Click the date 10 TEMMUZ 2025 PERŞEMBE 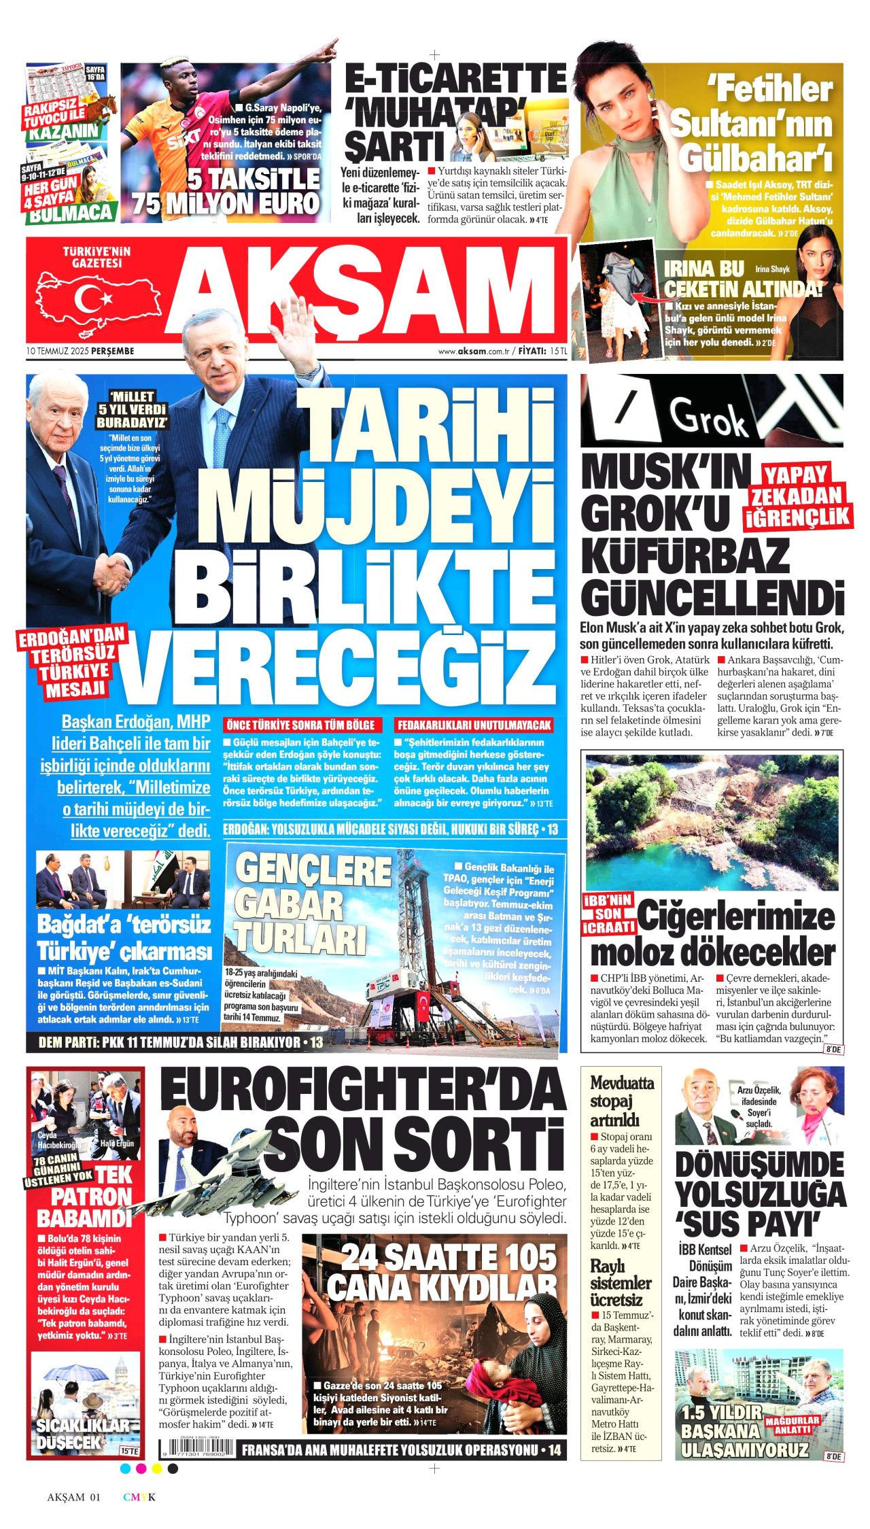click(80, 351)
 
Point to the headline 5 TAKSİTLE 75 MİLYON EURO click(227, 191)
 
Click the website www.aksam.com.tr click(474, 351)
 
